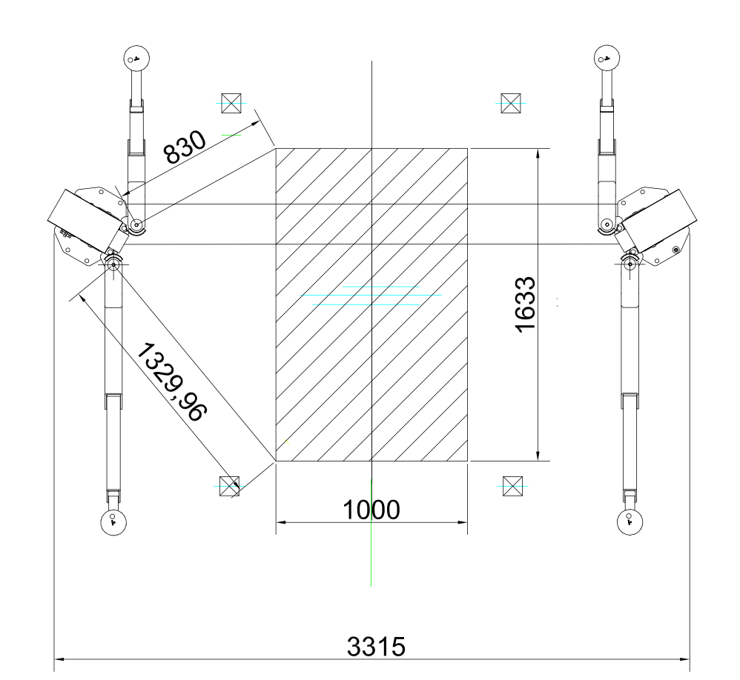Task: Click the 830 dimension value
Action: [x=185, y=147]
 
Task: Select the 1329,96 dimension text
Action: [x=172, y=382]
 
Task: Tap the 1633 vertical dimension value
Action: [x=525, y=304]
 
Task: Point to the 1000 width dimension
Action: [x=371, y=510]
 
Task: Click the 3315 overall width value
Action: [x=376, y=647]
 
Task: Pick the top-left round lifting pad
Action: [x=136, y=59]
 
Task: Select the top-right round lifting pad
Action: [x=607, y=59]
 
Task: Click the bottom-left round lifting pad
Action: [x=113, y=522]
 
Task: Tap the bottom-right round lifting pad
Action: [x=630, y=522]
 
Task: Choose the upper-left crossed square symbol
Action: [x=231, y=103]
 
